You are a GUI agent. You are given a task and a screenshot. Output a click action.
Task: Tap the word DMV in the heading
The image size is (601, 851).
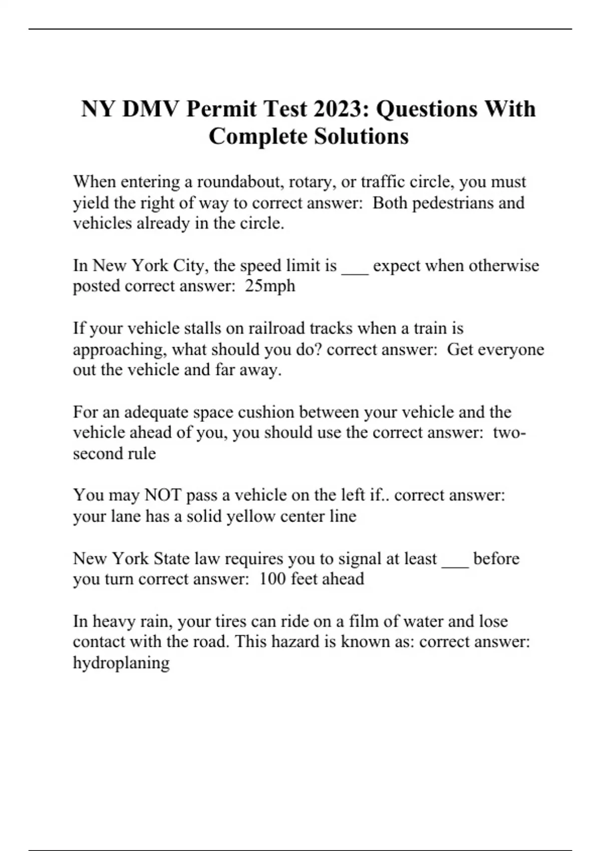pos(150,109)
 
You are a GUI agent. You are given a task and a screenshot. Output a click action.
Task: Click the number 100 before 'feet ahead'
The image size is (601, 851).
pos(272,579)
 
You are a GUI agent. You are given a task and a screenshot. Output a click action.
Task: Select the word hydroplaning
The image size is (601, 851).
pos(121,663)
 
